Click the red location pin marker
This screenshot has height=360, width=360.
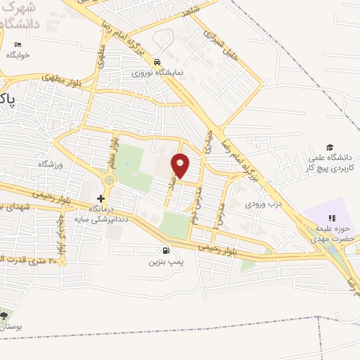pos(181,166)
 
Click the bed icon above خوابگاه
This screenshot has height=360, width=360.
pos(18,45)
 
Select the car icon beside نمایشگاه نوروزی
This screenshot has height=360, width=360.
pos(159,62)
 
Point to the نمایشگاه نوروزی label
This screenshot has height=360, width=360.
pos(159,72)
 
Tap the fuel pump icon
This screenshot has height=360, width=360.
pos(166,250)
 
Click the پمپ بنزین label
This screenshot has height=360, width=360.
pos(165,262)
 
